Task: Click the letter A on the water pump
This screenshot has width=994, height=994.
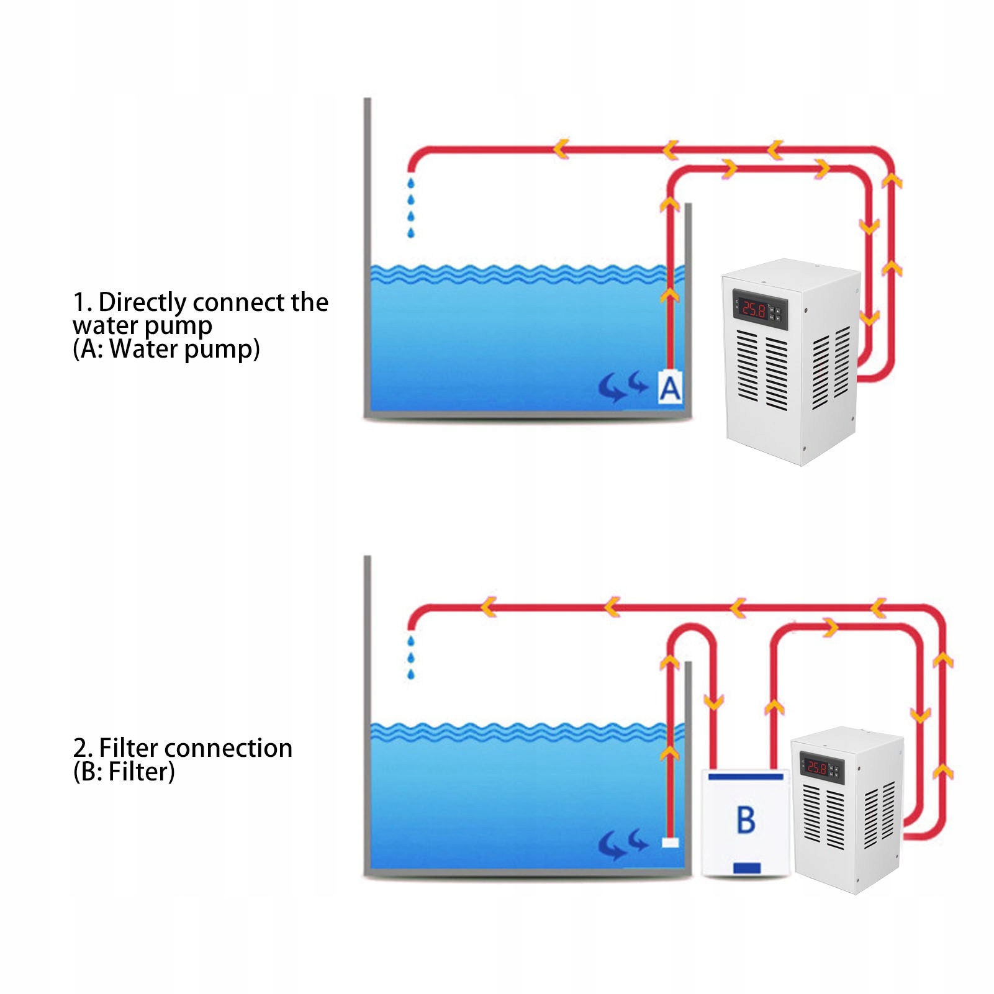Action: pyautogui.click(x=670, y=389)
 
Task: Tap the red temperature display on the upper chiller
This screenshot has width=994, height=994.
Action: pyautogui.click(x=754, y=309)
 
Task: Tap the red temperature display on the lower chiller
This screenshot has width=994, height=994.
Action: pyautogui.click(x=816, y=768)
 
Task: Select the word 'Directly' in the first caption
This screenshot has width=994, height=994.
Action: pyautogui.click(x=142, y=302)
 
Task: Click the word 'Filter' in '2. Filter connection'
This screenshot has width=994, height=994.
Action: pyautogui.click(x=129, y=748)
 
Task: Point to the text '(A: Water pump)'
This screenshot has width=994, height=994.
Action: pyautogui.click(x=166, y=349)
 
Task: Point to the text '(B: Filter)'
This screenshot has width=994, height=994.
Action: pyautogui.click(x=124, y=772)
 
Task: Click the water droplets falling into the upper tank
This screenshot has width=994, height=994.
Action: pyautogui.click(x=410, y=208)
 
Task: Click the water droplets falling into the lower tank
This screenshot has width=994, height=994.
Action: pyautogui.click(x=410, y=657)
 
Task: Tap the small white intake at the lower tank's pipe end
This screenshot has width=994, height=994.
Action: pyautogui.click(x=670, y=843)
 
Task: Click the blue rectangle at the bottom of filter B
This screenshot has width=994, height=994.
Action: pyautogui.click(x=747, y=867)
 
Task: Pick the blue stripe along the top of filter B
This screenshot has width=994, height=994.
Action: pyautogui.click(x=745, y=776)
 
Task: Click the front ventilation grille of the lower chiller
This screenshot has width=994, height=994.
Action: pyautogui.click(x=825, y=816)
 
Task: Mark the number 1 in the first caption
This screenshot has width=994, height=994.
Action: pyautogui.click(x=79, y=303)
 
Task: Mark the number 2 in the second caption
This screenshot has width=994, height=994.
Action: pyautogui.click(x=80, y=749)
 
